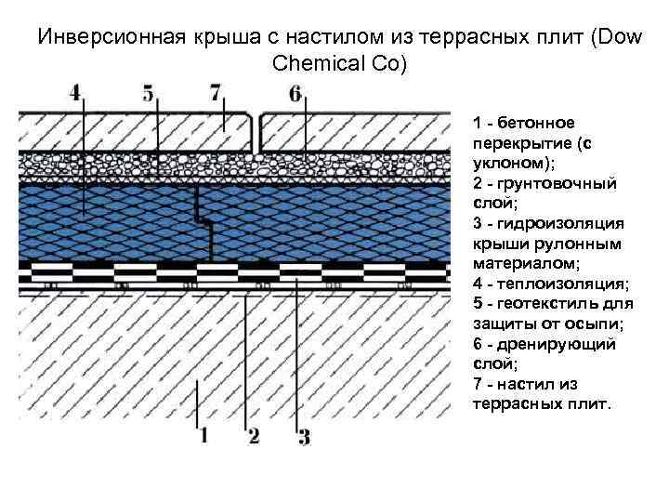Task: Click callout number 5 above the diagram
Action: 149,93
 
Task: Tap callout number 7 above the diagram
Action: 216,93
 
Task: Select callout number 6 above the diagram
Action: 295,93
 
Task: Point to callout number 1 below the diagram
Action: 203,434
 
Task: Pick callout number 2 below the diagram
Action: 253,434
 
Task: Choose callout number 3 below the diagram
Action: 302,434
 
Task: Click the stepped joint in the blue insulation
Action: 203,220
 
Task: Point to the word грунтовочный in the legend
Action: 555,183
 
